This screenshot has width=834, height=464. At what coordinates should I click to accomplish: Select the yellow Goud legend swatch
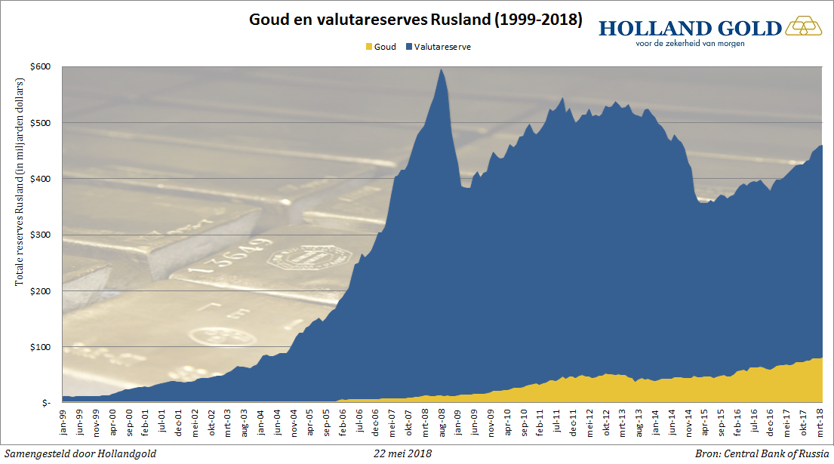click(x=368, y=47)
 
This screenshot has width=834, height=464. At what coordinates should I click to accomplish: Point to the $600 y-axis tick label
click(x=42, y=66)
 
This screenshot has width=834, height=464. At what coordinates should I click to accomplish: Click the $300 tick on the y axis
click(x=42, y=235)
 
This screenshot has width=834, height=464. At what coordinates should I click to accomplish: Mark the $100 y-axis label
click(x=42, y=347)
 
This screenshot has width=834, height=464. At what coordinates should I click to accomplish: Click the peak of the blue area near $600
click(x=442, y=69)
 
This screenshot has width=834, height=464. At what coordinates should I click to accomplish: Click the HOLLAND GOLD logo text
click(x=690, y=28)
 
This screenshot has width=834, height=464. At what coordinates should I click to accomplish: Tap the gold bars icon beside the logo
click(x=805, y=28)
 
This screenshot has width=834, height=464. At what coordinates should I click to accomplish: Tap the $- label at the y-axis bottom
click(x=45, y=404)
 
